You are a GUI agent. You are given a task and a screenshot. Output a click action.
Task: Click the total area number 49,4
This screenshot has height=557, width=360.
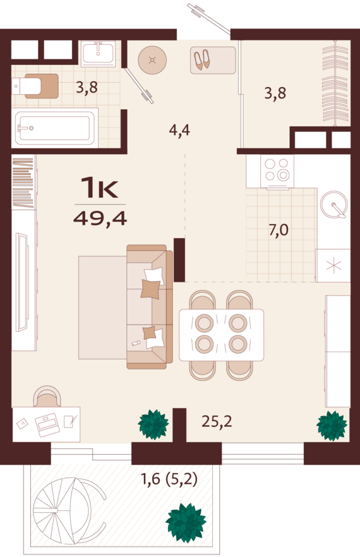100,219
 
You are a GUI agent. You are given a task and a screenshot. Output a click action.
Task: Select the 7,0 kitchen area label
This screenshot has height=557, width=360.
279,230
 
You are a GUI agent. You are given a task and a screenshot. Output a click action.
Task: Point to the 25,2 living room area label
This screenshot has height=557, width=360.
217,421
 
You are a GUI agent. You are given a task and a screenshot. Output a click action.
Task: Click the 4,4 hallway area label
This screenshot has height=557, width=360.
179,130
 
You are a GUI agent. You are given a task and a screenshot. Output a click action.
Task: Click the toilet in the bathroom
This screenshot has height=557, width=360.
35,86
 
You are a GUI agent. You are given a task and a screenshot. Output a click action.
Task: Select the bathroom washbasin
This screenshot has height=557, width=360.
98,53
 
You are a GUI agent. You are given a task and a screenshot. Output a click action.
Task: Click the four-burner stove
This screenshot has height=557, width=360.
277,171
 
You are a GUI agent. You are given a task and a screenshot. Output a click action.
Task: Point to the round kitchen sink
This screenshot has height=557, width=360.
333,204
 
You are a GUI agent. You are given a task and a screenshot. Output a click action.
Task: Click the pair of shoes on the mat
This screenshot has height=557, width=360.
202,59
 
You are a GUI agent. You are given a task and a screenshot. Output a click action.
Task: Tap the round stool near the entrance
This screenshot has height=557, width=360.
152,59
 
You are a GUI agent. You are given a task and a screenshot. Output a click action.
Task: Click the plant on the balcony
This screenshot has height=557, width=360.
186,522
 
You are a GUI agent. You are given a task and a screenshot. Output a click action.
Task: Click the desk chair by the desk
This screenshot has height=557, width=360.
47,397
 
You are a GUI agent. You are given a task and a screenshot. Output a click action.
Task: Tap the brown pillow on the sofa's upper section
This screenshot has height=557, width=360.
150,289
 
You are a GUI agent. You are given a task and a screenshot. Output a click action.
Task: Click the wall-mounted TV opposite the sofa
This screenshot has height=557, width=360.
22,282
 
